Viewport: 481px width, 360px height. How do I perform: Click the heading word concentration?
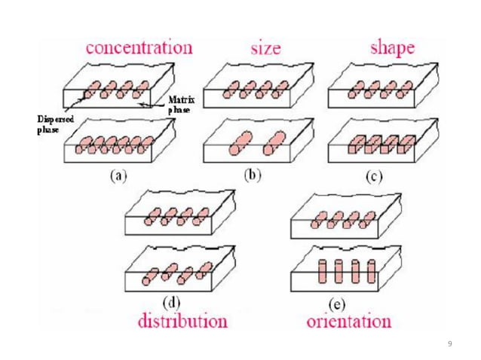pyautogui.click(x=139, y=47)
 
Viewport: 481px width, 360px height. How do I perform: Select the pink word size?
pyautogui.click(x=265, y=48)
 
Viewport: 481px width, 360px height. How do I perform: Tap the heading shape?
pyautogui.click(x=392, y=48)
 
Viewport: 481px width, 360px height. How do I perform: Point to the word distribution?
pyautogui.click(x=183, y=321)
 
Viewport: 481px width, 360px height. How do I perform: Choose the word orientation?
pyautogui.click(x=349, y=322)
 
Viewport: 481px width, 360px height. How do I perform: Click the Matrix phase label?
pyautogui.click(x=182, y=105)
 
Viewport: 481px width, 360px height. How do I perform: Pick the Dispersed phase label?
pyautogui.click(x=55, y=124)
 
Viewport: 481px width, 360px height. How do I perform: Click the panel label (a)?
pyautogui.click(x=118, y=176)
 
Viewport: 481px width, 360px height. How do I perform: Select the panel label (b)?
pyautogui.click(x=253, y=175)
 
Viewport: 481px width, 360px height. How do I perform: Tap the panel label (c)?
pyautogui.click(x=374, y=176)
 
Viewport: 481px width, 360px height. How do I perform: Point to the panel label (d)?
pyautogui.click(x=171, y=303)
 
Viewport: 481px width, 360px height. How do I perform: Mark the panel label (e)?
pyautogui.click(x=337, y=304)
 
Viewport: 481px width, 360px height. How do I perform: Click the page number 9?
pyautogui.click(x=449, y=343)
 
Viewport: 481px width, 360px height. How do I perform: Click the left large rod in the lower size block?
pyautogui.click(x=240, y=143)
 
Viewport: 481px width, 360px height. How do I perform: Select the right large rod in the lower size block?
pyautogui.click(x=275, y=143)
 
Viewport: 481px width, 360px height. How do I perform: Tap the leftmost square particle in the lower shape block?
pyautogui.click(x=355, y=145)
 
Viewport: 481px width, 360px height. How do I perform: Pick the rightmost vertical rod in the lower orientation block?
pyautogui.click(x=371, y=271)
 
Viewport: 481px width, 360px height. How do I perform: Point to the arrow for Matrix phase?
pyautogui.click(x=153, y=105)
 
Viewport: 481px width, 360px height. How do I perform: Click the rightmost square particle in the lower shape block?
pyautogui.click(x=406, y=145)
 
